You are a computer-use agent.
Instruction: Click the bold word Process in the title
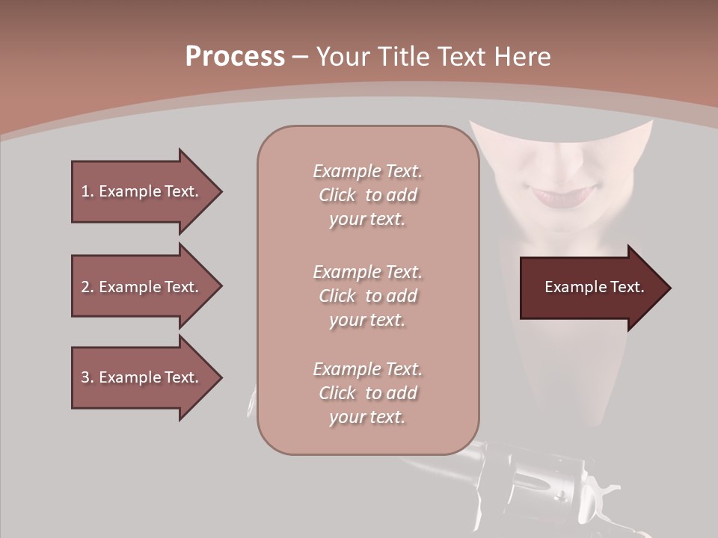(x=235, y=56)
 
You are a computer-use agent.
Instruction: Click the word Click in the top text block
(x=337, y=195)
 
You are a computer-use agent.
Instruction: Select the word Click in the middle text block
(x=337, y=296)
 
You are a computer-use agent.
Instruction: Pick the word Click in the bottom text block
(x=337, y=393)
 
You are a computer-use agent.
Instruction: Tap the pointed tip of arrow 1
(x=221, y=191)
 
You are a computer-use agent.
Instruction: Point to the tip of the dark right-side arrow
(x=669, y=288)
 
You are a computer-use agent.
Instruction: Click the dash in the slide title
(x=300, y=57)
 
